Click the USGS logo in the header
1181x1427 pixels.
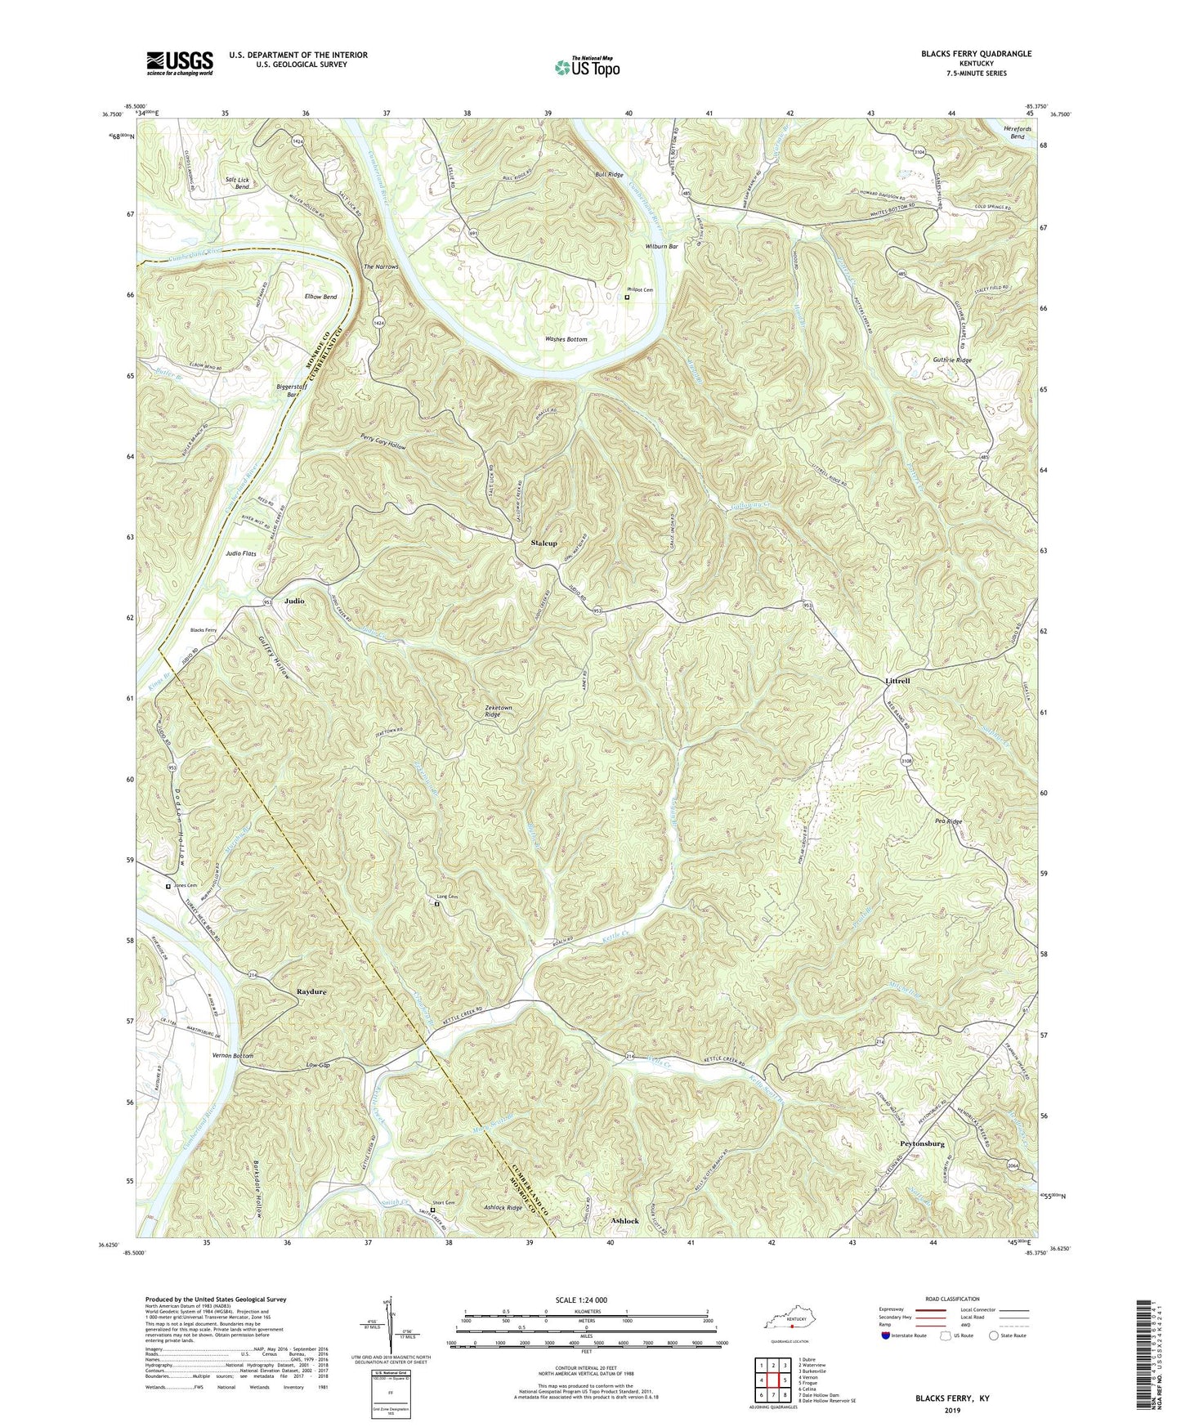click(180, 62)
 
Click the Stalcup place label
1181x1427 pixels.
click(544, 544)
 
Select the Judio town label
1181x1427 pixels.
click(294, 601)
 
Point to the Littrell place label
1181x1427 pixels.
click(897, 681)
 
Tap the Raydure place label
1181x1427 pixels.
click(311, 991)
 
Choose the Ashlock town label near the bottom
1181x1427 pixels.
click(625, 1220)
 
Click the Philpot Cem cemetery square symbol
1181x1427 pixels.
click(627, 298)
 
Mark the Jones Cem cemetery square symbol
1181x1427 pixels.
click(168, 886)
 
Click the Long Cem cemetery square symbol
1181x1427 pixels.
click(436, 904)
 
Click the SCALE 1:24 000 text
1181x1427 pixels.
click(576, 1300)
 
